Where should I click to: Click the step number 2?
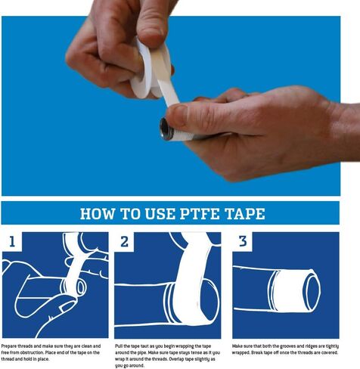[126, 243]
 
